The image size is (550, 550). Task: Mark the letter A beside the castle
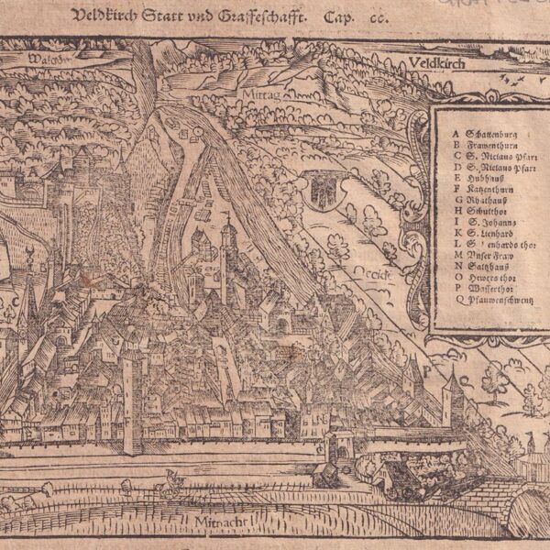33,170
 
